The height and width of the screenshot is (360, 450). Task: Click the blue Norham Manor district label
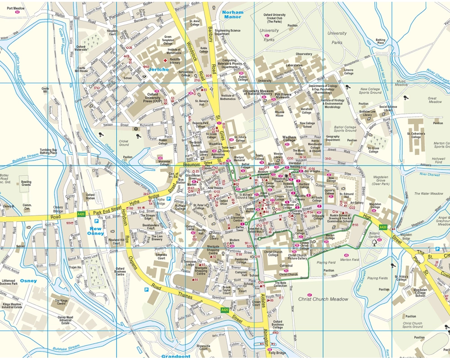click(233, 14)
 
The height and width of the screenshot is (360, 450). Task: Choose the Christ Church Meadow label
click(323, 299)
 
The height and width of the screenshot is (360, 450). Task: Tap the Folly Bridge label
click(278, 353)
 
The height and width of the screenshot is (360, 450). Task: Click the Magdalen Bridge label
click(406, 237)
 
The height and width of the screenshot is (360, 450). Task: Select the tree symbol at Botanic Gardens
click(374, 243)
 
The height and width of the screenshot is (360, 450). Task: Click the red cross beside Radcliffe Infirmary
click(165, 60)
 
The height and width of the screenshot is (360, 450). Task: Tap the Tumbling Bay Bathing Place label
click(48, 151)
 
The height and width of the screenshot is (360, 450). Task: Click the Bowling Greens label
click(27, 184)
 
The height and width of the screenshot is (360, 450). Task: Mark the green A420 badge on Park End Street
click(81, 214)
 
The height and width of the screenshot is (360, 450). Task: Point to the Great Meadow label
click(435, 100)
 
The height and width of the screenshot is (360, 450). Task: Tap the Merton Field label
click(349, 260)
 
